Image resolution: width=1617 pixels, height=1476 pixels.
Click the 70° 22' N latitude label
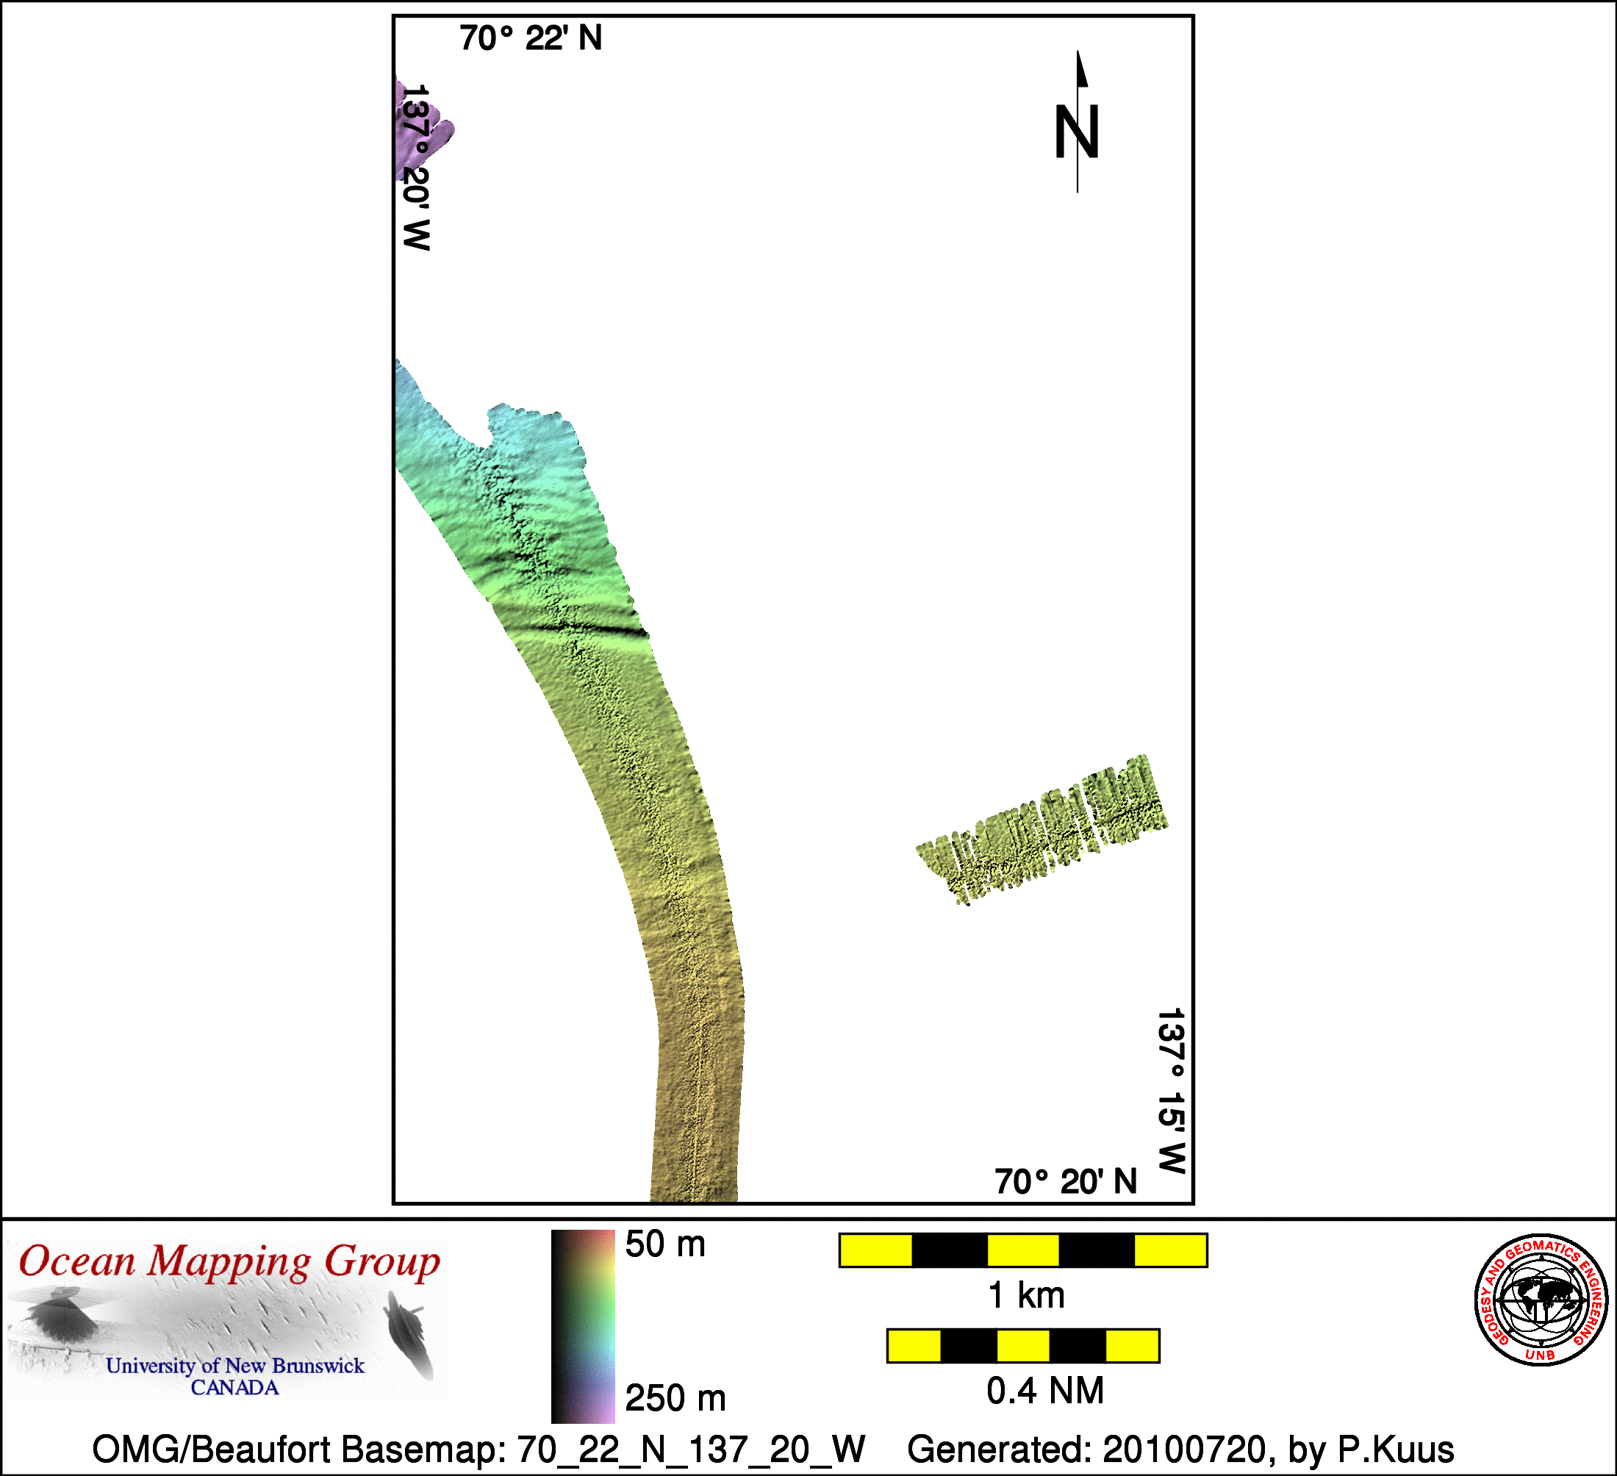pos(530,38)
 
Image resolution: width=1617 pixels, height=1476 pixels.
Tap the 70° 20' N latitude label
pos(1066,1181)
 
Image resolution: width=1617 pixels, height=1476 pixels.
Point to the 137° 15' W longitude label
pos(1171,1091)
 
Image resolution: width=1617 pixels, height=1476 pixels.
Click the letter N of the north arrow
pos(1076,132)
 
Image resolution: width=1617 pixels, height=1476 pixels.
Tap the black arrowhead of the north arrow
pos(1081,69)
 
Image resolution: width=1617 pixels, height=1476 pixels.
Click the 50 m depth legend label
pos(665,1244)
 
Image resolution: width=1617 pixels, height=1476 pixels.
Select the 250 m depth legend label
pos(675,1398)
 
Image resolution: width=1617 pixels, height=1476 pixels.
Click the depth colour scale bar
pos(583,1326)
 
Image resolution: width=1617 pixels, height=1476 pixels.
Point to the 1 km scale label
pos(1026,1295)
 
